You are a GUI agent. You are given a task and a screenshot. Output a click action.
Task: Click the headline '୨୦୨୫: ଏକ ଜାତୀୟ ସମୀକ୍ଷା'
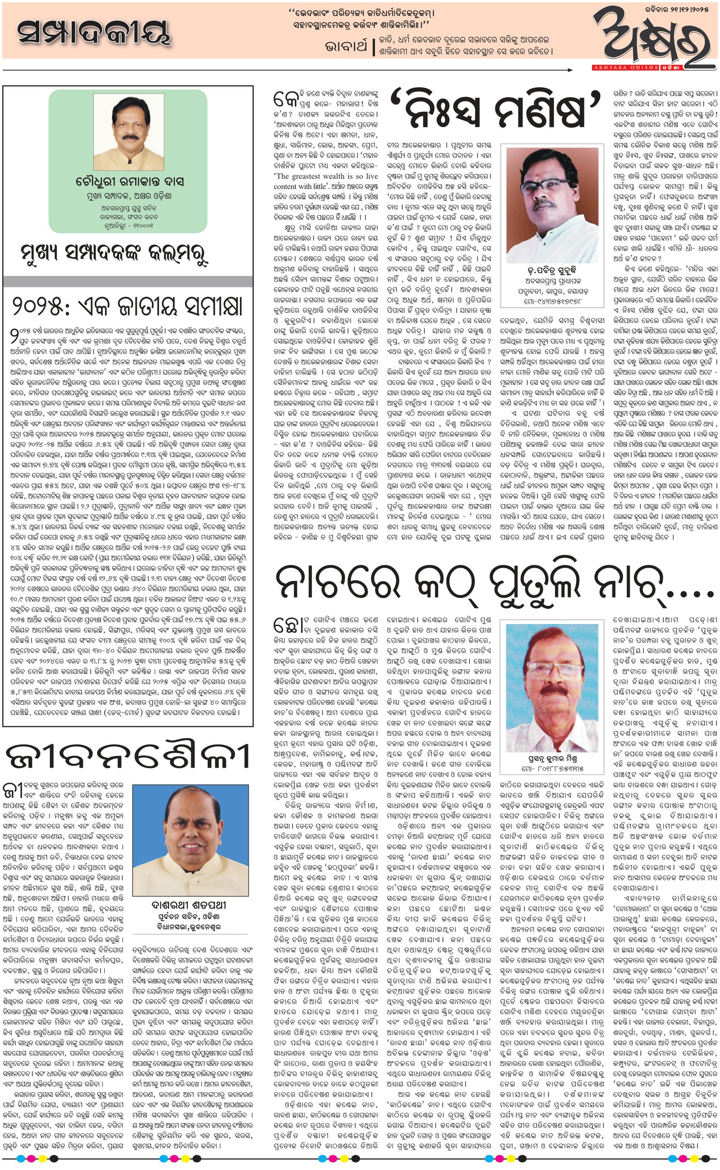tap(128, 307)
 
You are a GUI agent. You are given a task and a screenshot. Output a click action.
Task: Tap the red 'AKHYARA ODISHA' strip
tap(624, 68)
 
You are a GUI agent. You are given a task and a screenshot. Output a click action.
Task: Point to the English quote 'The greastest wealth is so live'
tap(326, 176)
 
